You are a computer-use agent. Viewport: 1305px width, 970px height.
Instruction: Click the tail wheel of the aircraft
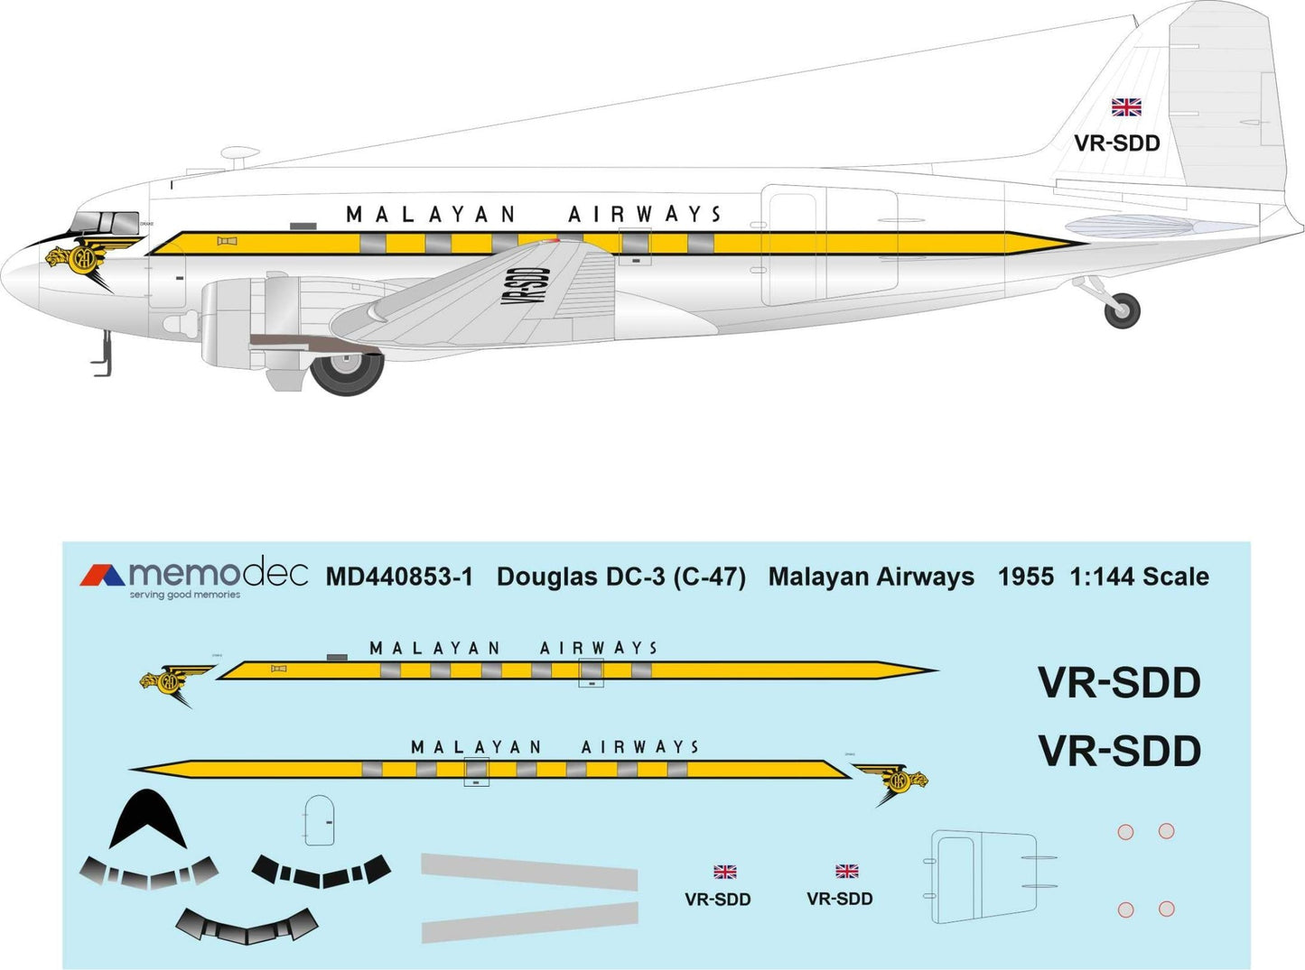(1123, 310)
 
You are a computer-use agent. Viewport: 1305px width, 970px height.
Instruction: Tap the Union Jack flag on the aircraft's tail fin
(1126, 107)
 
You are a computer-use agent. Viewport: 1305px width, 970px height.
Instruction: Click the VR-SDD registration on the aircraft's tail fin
(1116, 143)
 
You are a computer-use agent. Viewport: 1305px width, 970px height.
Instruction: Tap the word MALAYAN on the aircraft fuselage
(431, 215)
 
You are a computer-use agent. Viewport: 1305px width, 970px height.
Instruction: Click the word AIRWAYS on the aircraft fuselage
(645, 215)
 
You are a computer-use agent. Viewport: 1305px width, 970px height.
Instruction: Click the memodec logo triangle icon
(102, 576)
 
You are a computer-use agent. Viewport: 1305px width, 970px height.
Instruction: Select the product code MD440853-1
(399, 577)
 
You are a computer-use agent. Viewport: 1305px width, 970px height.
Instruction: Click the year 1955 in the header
(1025, 577)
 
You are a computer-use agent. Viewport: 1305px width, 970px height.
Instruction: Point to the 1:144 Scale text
(1139, 577)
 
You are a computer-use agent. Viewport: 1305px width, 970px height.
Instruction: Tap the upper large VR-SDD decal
(1119, 683)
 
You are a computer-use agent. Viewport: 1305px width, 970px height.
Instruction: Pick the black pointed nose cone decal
(147, 819)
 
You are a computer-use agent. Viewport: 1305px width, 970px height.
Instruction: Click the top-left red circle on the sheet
(1125, 832)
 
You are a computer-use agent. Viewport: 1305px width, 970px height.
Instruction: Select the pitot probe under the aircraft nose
(102, 354)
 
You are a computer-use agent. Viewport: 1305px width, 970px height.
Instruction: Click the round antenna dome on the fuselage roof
(239, 154)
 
